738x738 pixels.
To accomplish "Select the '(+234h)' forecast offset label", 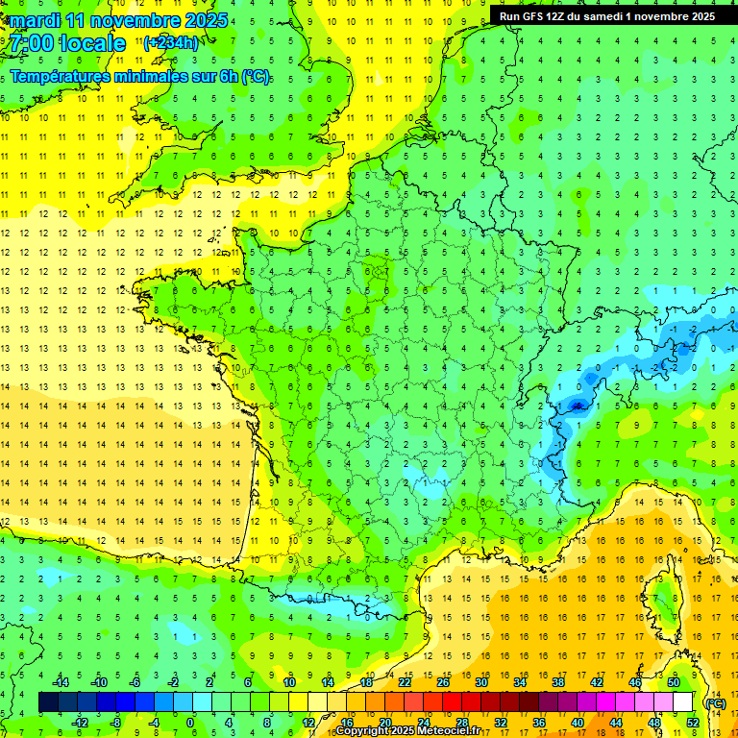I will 171,42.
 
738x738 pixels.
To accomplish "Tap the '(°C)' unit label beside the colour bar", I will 715,703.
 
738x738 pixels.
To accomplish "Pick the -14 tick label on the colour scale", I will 61,682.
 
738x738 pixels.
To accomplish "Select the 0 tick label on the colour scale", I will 189,722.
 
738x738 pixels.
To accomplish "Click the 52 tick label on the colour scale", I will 692,722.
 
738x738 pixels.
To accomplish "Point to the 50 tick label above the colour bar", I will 673,682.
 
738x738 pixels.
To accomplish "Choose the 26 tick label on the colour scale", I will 442,682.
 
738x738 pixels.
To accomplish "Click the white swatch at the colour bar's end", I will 683,702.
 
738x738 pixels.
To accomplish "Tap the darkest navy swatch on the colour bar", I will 48,702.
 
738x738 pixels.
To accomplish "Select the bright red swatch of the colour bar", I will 452,702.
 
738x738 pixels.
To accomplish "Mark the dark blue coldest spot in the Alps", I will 578,406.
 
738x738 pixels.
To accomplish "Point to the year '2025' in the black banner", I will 699,15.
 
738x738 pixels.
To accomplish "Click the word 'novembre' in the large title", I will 135,20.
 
